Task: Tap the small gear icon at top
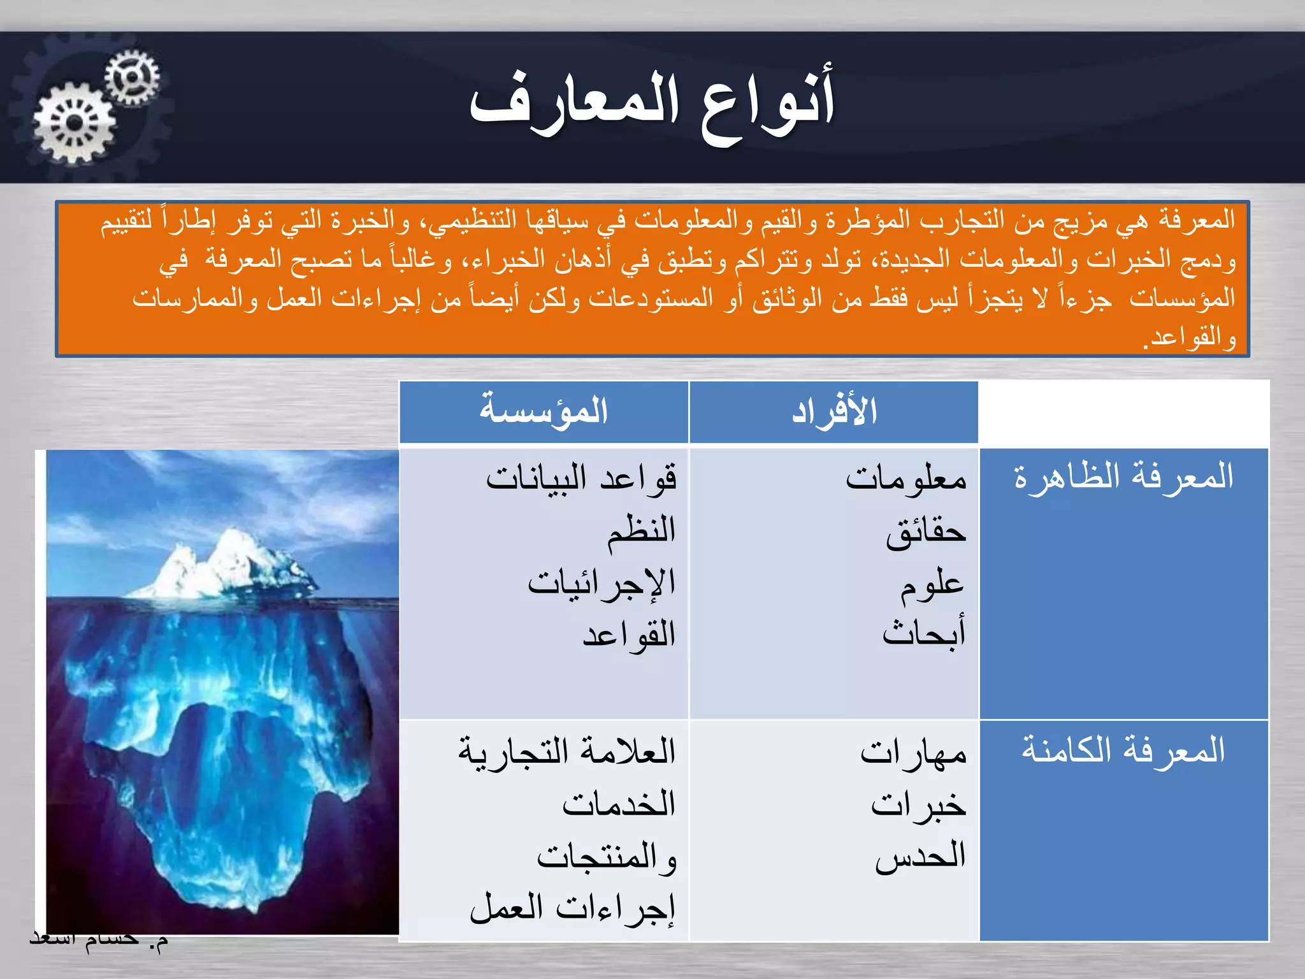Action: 132,77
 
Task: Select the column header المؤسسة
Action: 544,411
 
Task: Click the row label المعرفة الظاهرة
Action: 1123,477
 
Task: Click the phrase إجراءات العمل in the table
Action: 572,909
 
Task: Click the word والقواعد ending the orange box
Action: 1189,338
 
